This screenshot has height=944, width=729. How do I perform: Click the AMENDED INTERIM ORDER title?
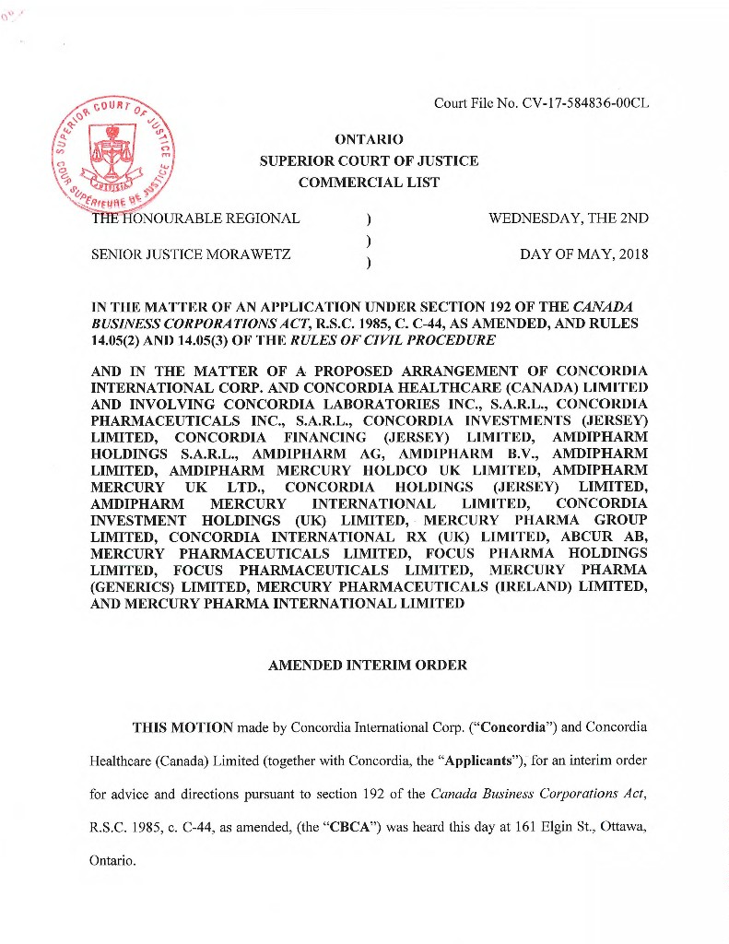point(368,665)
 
